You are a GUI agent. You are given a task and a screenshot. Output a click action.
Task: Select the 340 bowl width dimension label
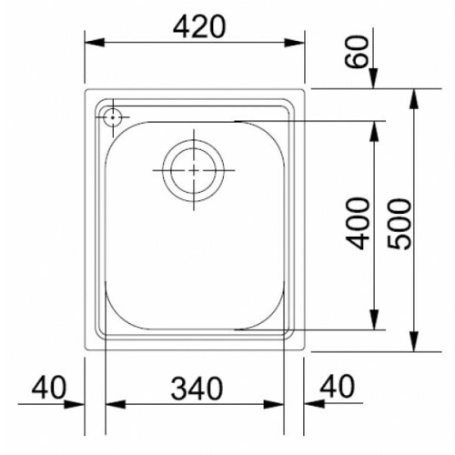[197, 388]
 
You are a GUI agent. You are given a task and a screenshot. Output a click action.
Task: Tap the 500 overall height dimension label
[399, 224]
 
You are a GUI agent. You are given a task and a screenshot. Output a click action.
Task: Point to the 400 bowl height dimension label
[359, 223]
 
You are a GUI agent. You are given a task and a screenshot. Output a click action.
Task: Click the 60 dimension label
[357, 52]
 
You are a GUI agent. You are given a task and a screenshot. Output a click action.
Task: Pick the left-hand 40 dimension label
[48, 388]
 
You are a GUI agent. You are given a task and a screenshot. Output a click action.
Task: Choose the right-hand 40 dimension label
[338, 386]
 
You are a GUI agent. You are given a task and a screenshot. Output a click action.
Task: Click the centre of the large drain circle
[194, 170]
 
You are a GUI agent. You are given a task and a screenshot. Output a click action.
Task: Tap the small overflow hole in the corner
[113, 117]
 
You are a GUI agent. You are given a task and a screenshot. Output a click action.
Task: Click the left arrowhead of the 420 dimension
[95, 43]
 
